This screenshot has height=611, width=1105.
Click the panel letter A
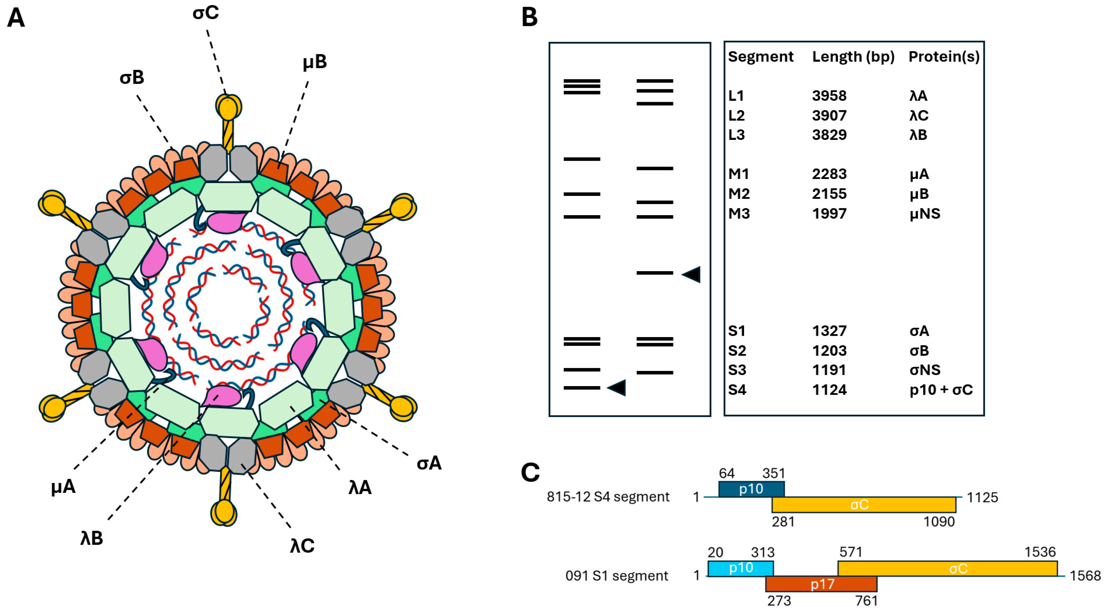pyautogui.click(x=16, y=18)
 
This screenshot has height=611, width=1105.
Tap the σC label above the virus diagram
pyautogui.click(x=206, y=13)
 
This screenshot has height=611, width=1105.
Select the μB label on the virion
pyautogui.click(x=314, y=62)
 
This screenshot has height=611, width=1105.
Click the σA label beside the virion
pyautogui.click(x=429, y=463)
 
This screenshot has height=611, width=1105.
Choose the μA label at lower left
pyautogui.click(x=63, y=487)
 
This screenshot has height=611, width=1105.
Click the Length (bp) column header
pyautogui.click(x=853, y=57)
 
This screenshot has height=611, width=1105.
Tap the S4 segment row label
pyautogui.click(x=737, y=390)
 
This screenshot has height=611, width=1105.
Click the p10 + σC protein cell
pyautogui.click(x=941, y=390)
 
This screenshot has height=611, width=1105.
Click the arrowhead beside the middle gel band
pyautogui.click(x=692, y=274)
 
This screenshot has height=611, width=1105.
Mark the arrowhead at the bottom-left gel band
pyautogui.click(x=617, y=388)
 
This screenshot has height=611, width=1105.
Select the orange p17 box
pyautogui.click(x=821, y=584)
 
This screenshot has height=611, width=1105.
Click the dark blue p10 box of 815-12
pyautogui.click(x=751, y=489)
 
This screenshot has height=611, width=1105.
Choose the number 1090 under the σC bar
pyautogui.click(x=939, y=522)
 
